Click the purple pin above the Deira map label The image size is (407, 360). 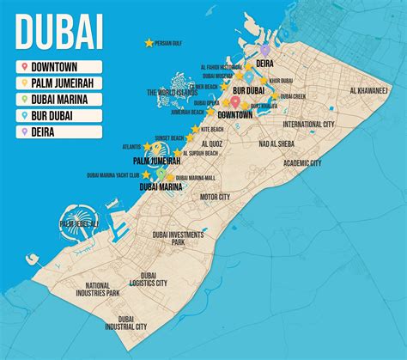coord(266,50)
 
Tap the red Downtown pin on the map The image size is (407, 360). coord(234,101)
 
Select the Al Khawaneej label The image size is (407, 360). coord(369,90)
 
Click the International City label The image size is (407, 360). coord(308,124)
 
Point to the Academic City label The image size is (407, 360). coord(302,162)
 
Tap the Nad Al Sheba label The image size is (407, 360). coord(277,143)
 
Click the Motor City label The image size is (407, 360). coord(215,196)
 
